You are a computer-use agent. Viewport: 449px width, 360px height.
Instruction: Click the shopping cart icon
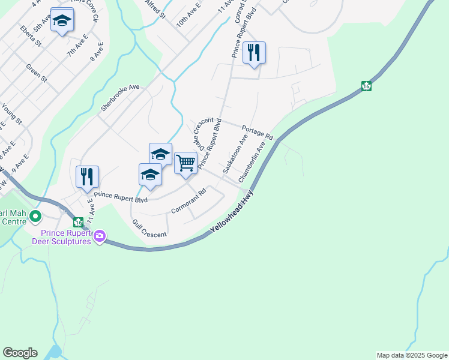[186, 162]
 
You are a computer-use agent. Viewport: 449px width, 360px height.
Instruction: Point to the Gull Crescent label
[149, 229]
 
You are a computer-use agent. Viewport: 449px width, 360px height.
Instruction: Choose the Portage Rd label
[258, 133]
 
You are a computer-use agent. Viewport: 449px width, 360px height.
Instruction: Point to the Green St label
[37, 73]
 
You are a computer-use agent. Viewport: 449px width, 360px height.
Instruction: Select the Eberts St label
[30, 36]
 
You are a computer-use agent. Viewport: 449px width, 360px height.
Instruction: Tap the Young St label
[11, 113]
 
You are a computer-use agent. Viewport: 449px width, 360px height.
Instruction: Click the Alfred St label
[155, 10]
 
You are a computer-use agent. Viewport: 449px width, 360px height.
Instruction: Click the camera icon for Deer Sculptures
[100, 237]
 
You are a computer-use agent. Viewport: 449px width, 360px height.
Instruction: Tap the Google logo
[20, 353]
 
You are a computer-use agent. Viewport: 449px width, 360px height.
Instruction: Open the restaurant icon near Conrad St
[254, 53]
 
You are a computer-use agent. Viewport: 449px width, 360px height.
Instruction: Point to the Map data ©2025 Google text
[411, 355]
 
